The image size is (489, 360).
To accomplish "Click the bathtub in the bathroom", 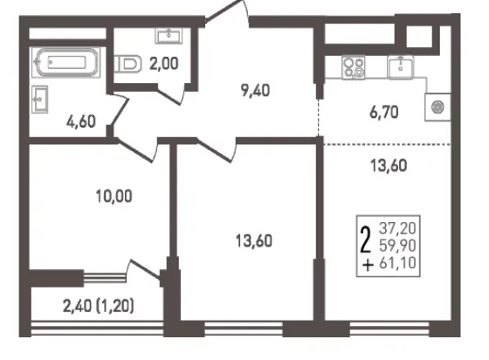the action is (65, 62).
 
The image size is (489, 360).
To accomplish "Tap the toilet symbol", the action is (127, 64).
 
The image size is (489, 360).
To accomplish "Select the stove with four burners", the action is (354, 67).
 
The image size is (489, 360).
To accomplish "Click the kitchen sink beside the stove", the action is (401, 66).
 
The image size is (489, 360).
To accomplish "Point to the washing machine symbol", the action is (437, 107).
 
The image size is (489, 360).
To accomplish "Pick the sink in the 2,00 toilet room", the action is (169, 36).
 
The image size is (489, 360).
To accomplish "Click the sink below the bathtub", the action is (40, 100).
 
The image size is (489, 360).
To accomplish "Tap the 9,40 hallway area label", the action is (255, 91).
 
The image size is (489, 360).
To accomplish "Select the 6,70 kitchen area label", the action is (384, 112).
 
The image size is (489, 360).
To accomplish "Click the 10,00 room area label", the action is (114, 197).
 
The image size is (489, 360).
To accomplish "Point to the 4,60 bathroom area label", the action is (80, 121).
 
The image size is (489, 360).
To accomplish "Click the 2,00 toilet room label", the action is (164, 63).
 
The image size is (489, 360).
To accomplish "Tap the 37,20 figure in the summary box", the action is (397, 228).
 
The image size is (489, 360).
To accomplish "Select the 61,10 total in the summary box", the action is (397, 263).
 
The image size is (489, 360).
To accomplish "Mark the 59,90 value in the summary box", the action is (397, 246).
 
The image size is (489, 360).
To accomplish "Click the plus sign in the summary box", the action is (368, 265).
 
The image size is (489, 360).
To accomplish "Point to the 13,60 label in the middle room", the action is (254, 241).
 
